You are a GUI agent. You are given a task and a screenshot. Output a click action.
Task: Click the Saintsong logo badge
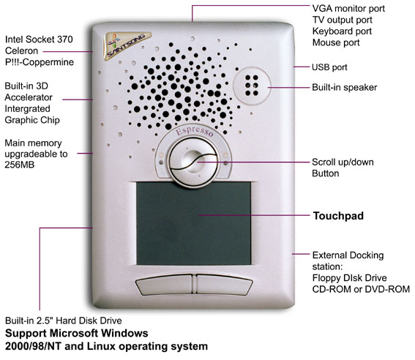tap(127, 45)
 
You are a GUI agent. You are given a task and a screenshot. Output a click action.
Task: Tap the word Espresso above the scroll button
tap(195, 131)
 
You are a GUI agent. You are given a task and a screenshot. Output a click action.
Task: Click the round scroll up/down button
tap(194, 162)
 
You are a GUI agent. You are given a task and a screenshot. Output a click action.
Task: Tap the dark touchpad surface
tap(193, 223)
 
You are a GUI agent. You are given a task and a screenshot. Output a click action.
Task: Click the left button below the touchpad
tap(165, 284)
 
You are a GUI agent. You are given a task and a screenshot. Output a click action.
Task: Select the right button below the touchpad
tap(224, 284)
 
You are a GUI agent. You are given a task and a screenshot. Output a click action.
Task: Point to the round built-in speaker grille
tap(252, 86)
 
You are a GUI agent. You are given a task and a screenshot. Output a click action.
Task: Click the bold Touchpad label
tap(338, 216)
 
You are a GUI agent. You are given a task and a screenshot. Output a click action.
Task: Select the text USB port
tap(329, 67)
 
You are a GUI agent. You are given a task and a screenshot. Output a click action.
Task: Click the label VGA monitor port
tap(348, 9)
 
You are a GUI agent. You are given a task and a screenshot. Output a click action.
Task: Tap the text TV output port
tap(343, 20)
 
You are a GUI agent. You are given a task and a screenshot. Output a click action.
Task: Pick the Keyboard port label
tap(342, 31)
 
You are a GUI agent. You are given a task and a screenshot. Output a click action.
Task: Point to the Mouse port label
tap(336, 42)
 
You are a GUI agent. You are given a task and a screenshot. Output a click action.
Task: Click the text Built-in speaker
tap(344, 87)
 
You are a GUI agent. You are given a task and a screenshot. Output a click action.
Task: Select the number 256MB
tap(19, 165)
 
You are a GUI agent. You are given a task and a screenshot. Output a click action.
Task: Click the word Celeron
tap(21, 50)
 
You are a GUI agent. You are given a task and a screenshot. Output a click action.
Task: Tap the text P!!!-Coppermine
tap(40, 62)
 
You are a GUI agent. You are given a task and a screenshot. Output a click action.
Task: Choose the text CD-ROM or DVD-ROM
tap(361, 289)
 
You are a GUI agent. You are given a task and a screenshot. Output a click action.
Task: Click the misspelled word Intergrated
tap(27, 109)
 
